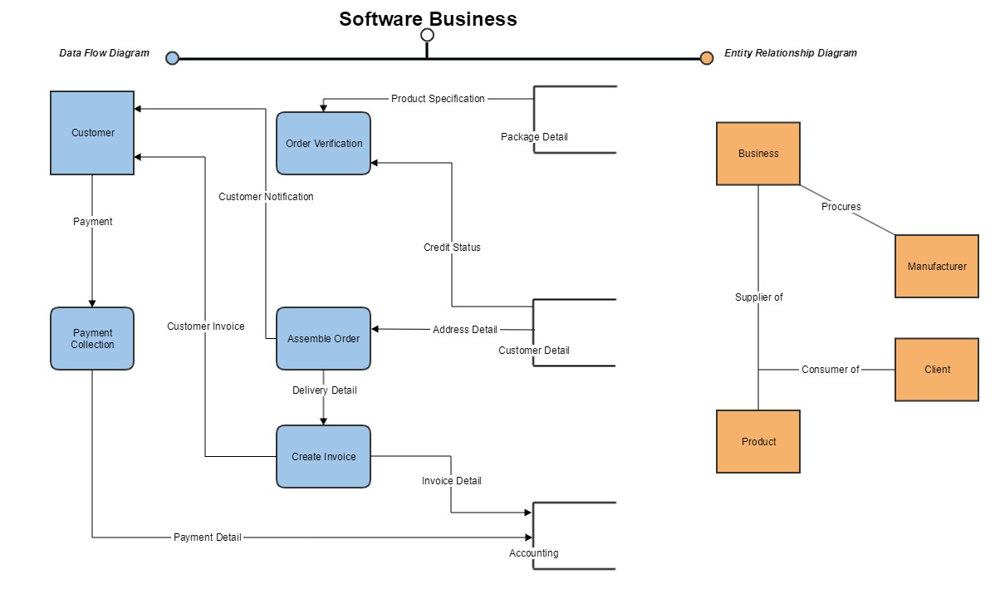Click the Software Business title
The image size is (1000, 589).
tap(428, 19)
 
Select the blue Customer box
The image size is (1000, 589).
tap(92, 133)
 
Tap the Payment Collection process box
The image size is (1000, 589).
tap(92, 338)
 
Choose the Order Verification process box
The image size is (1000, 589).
tap(324, 144)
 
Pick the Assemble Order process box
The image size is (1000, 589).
tap(324, 338)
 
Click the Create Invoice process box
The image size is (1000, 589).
tap(324, 456)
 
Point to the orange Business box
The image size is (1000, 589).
tap(758, 154)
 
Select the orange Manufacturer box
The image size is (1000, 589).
tap(937, 267)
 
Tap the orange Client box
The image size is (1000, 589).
tap(937, 370)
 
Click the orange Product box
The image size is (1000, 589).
tap(758, 441)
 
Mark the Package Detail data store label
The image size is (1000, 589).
tap(534, 136)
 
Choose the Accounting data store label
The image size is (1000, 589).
tap(533, 553)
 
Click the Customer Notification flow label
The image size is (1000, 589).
tap(266, 197)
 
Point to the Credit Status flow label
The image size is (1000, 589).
tap(452, 248)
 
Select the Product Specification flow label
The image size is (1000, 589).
tap(438, 99)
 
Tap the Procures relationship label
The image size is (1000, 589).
tap(841, 207)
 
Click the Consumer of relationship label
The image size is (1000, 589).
tap(830, 370)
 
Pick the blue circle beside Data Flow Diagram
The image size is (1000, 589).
tap(172, 58)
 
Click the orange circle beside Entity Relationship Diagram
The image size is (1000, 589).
tap(707, 58)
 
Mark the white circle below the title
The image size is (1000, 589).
tap(428, 35)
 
